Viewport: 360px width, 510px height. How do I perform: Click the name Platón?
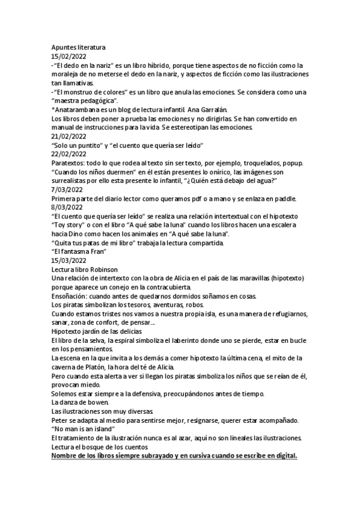94,367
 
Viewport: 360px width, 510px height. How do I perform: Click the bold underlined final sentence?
174,456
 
